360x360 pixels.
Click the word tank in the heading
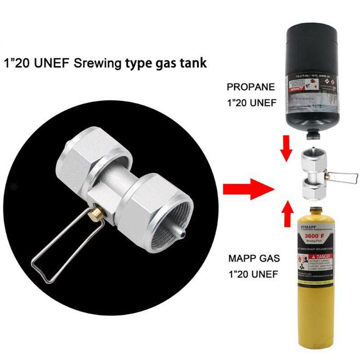[x=193, y=63]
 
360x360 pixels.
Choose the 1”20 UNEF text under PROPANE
[x=250, y=103]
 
